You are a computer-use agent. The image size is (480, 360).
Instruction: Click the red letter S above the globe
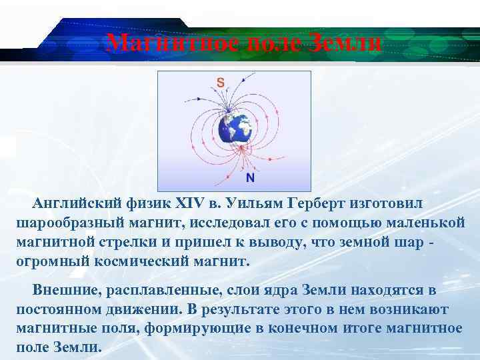pyautogui.click(x=220, y=83)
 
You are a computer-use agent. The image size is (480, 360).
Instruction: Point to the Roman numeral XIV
pyautogui.click(x=192, y=202)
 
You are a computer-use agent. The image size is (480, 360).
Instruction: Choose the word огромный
pyautogui.click(x=52, y=261)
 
